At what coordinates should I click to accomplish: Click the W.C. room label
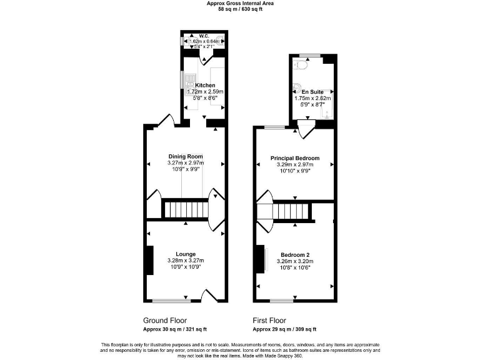coord(204,35)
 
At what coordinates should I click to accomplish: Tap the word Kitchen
coord(205,85)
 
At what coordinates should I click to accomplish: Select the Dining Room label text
coord(186,156)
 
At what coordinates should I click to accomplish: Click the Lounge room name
coord(186,254)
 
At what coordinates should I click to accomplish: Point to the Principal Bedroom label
coord(294,158)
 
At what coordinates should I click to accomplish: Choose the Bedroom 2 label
coord(295,254)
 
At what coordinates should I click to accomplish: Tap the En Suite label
coord(312,91)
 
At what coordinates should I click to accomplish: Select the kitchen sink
coord(186,80)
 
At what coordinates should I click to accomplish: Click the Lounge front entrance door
coord(209,295)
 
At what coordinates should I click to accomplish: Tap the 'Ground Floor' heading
coord(166,320)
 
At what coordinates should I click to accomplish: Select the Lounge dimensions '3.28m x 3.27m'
coord(186,261)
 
